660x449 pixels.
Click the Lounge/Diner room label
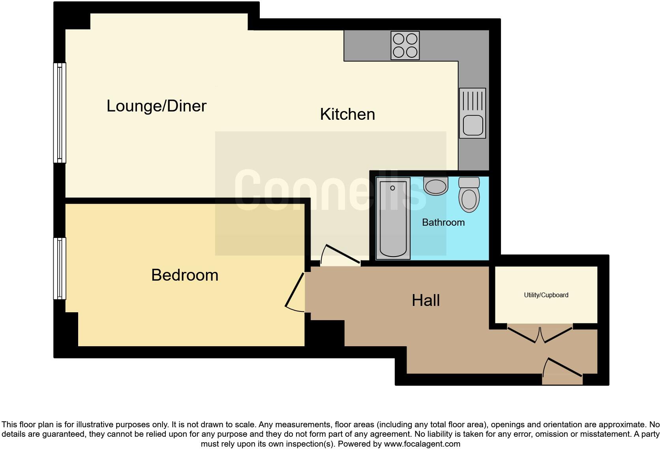(156, 106)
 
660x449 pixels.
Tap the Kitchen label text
(347, 114)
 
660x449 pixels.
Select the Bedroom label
(185, 275)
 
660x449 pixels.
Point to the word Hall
(426, 300)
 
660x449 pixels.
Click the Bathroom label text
(443, 222)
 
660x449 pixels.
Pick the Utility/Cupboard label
(546, 295)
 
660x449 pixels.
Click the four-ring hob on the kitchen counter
(405, 45)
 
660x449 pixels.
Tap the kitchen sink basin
(472, 125)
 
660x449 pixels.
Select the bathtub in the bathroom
(393, 219)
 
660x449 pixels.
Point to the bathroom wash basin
(436, 186)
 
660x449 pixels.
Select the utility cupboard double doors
(540, 334)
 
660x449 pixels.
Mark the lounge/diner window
(60, 113)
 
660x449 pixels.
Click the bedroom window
(60, 268)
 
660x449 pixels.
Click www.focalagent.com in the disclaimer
(422, 444)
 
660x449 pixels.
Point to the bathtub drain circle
(392, 188)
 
